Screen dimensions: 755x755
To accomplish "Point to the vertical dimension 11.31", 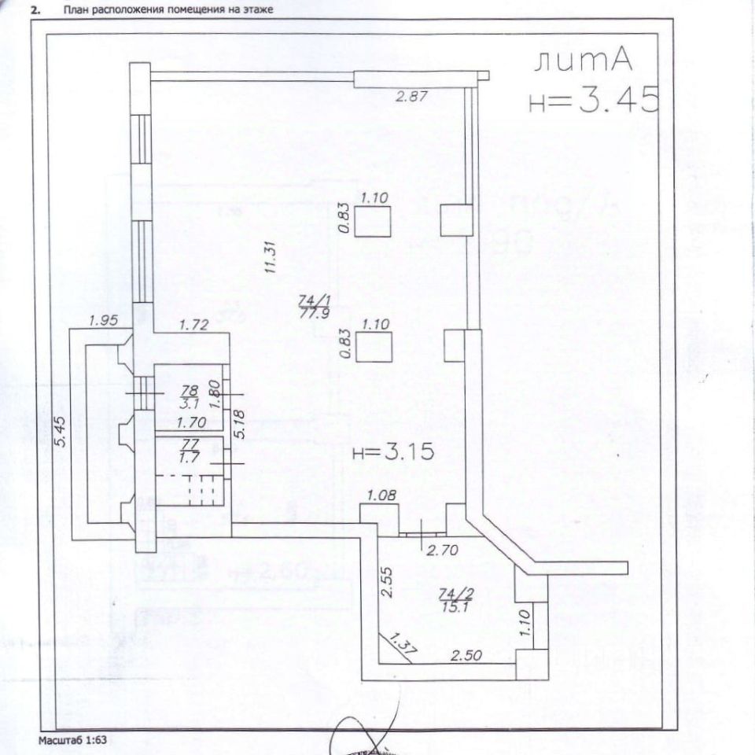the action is click(x=270, y=256).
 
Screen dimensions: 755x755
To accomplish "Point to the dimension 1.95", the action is click(x=103, y=320).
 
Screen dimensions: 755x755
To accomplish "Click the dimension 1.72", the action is click(x=193, y=323).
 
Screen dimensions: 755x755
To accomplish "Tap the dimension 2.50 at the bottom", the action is click(x=466, y=654).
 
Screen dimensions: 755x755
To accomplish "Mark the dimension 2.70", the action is click(x=442, y=551).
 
